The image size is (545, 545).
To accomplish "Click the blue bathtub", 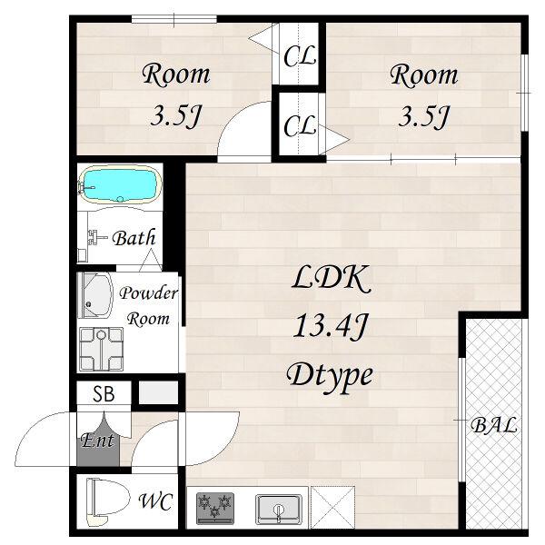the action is point(120,183).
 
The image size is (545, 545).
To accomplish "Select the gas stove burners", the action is point(214,508).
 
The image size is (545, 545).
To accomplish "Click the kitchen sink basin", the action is point(279,510).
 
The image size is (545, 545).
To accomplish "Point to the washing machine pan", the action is point(101,349).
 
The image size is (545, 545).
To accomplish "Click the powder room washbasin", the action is point(94,295).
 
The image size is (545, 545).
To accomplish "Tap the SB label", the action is point(104,394).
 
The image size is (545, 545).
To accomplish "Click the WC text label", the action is point(155,501).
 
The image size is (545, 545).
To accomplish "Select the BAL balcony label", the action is point(493,425).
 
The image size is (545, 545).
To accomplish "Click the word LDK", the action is point(331,278).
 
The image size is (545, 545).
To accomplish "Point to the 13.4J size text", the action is point(331,326).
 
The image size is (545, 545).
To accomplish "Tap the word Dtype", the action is point(330,376).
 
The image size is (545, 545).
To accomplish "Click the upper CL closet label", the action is point(300,55).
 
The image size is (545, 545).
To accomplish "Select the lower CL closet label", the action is point(300,125).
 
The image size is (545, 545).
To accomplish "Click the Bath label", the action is point(134,238).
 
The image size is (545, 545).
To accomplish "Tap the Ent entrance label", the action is point(97,441).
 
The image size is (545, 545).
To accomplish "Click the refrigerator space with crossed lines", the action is point(332,507).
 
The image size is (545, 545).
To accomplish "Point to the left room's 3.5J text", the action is point(176,116).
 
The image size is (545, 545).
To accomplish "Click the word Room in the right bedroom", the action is point(423,74).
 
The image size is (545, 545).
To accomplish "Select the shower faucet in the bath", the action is point(97,237).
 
